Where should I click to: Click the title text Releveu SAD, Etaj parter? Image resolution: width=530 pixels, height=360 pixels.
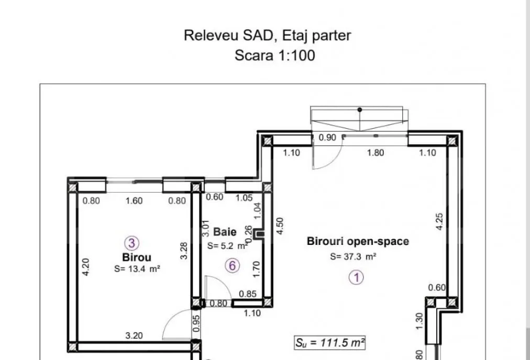click(x=268, y=36)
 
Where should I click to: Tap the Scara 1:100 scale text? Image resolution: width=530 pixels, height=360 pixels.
click(x=275, y=55)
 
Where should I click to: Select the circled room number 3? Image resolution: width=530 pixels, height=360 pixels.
click(x=131, y=243)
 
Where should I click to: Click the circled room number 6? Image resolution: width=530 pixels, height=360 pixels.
click(x=232, y=266)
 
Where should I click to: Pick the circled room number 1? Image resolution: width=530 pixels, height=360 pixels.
click(x=356, y=278)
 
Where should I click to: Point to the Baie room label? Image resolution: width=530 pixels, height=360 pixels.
click(x=225, y=232)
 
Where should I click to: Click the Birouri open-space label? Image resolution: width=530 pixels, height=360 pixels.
click(x=358, y=241)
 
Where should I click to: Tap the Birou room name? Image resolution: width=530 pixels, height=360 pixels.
click(x=136, y=257)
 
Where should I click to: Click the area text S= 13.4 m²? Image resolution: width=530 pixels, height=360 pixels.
click(x=137, y=269)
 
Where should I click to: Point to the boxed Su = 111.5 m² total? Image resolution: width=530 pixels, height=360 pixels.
click(x=330, y=342)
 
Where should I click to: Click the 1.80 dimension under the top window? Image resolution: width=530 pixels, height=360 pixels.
click(x=376, y=153)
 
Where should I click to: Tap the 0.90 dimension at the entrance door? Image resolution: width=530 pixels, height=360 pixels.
click(x=327, y=138)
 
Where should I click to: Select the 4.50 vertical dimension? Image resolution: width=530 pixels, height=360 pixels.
click(x=280, y=226)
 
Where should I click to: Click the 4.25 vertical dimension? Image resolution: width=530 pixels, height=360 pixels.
click(x=439, y=221)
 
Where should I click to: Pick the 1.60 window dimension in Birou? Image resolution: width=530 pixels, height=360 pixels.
click(x=134, y=201)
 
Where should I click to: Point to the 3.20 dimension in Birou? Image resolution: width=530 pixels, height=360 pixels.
click(x=134, y=336)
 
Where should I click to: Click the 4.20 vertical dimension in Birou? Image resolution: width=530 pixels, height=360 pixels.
click(x=86, y=267)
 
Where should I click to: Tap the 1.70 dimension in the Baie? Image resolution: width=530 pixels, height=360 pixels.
click(x=257, y=269)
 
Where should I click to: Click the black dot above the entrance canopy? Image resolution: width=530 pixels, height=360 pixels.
click(x=360, y=110)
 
